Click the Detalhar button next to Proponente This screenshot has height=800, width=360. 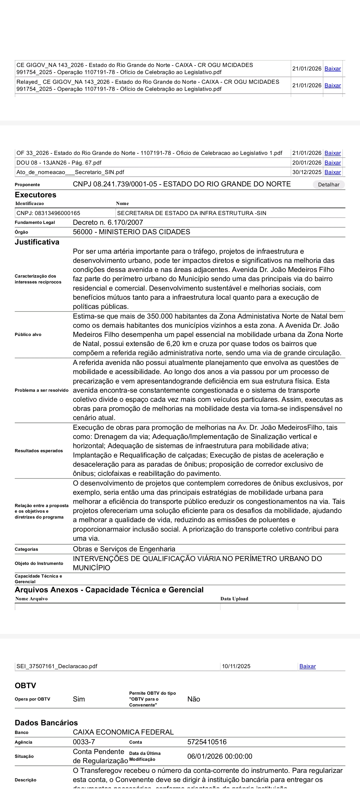coord(328,184)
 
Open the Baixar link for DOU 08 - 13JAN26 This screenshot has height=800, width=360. coord(332,163)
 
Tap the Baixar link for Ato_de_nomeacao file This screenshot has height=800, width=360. coord(332,172)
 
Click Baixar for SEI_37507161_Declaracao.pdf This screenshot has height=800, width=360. coord(307,666)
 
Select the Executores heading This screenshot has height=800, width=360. coord(35,195)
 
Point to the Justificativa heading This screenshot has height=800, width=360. coord(37,242)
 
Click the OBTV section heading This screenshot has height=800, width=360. coord(25,686)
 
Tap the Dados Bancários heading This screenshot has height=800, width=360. coord(46,723)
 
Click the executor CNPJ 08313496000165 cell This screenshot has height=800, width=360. coord(48,213)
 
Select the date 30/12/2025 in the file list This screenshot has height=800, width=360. coord(307,172)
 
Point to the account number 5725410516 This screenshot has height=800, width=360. coord(207,742)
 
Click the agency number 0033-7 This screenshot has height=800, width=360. coord(84,742)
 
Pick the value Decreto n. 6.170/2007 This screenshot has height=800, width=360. coord(108,222)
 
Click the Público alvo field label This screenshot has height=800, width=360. coord(28,335)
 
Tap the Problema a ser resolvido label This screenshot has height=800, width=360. coord(42,390)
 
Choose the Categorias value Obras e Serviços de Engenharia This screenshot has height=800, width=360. coord(124,549)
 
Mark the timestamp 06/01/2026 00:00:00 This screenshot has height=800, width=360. coord(220,756)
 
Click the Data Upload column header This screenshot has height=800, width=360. coord(234,599)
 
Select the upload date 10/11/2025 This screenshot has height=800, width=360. coord(236,666)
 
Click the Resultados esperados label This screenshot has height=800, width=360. coord(39,451)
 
